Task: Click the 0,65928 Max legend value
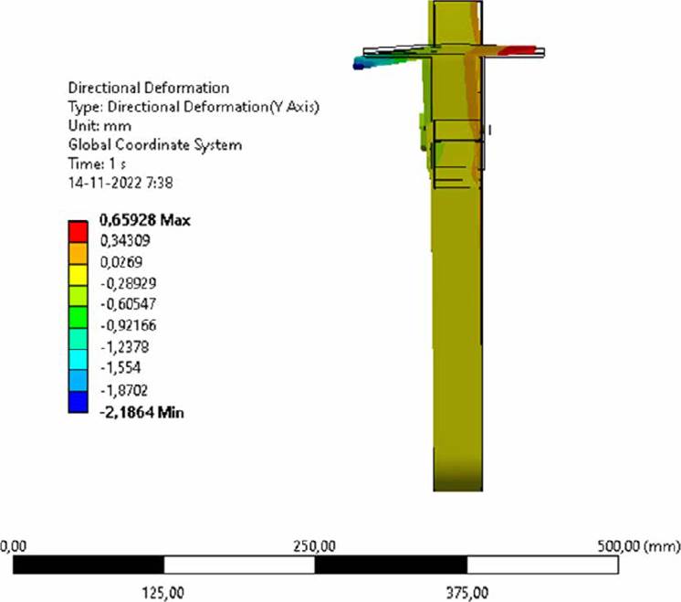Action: (x=145, y=220)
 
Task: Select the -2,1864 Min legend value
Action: (x=142, y=412)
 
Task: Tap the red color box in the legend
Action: (x=78, y=232)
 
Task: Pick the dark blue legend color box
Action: (x=78, y=402)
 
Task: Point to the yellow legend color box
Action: (x=78, y=274)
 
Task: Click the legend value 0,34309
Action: (x=125, y=240)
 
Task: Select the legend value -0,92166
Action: (x=128, y=325)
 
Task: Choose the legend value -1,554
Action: (x=120, y=368)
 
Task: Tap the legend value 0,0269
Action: (x=121, y=262)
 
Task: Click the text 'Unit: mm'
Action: (x=100, y=126)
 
